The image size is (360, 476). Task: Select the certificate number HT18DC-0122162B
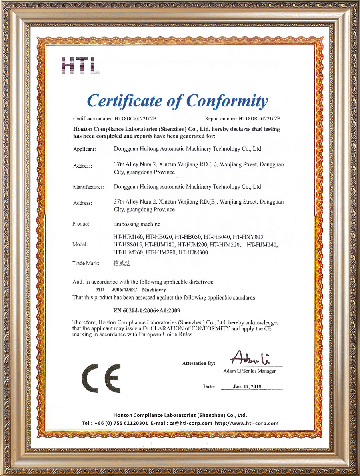(135, 119)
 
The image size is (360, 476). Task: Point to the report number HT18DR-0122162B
(259, 119)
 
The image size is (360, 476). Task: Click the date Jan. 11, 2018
(247, 387)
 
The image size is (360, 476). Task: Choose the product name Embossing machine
(137, 224)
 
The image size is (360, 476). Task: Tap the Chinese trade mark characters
(122, 264)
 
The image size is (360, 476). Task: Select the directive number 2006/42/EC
(124, 290)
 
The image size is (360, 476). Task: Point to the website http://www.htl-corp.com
(246, 423)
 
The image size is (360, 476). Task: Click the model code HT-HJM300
(193, 252)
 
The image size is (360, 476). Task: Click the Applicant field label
(84, 149)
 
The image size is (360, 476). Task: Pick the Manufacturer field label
(88, 187)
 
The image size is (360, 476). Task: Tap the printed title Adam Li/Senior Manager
(249, 371)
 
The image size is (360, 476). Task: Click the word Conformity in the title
(227, 101)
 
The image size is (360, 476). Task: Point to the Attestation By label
(198, 364)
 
